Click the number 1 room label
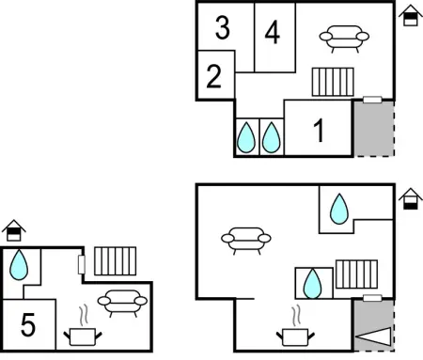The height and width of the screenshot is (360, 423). pyautogui.click(x=319, y=131)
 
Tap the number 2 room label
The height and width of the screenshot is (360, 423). pyautogui.click(x=214, y=76)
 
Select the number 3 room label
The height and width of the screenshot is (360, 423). pyautogui.click(x=223, y=28)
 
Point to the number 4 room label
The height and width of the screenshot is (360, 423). pyautogui.click(x=272, y=32)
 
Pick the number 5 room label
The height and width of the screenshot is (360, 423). pyautogui.click(x=28, y=324)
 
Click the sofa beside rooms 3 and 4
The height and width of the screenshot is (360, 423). pyautogui.click(x=344, y=39)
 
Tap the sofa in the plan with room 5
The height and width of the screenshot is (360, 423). pyautogui.click(x=122, y=304)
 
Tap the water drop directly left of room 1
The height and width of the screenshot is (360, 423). pyautogui.click(x=272, y=137)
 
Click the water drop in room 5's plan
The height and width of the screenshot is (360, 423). pyautogui.click(x=19, y=265)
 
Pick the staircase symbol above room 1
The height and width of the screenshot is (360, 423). pyautogui.click(x=333, y=82)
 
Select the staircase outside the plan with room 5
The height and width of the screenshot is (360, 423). pyautogui.click(x=116, y=261)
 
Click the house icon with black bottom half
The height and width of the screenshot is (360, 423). pyautogui.click(x=411, y=199)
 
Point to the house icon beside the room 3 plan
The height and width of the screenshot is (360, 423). pyautogui.click(x=411, y=15)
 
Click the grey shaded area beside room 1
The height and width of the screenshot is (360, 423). pyautogui.click(x=374, y=129)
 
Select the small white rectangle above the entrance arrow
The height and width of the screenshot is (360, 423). pyautogui.click(x=372, y=298)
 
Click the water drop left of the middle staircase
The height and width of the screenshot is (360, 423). pyautogui.click(x=312, y=284)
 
